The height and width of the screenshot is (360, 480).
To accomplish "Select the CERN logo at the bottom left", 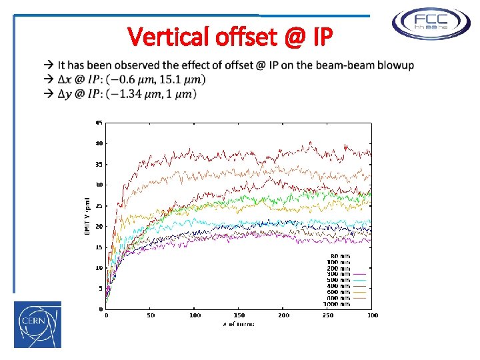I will [37, 324].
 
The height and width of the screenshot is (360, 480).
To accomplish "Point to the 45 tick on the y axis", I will [99, 122].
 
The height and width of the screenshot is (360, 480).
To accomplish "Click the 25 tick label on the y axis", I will [99, 205].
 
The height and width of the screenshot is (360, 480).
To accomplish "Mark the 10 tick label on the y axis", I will [99, 267].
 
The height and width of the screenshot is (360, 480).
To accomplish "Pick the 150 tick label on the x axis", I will [239, 315].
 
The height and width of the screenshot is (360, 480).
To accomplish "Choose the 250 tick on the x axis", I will [328, 315].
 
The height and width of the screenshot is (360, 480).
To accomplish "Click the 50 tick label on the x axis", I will [151, 315].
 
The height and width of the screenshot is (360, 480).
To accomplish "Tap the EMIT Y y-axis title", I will [87, 215].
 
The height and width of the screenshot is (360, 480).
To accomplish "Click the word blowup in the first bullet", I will [395, 65].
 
